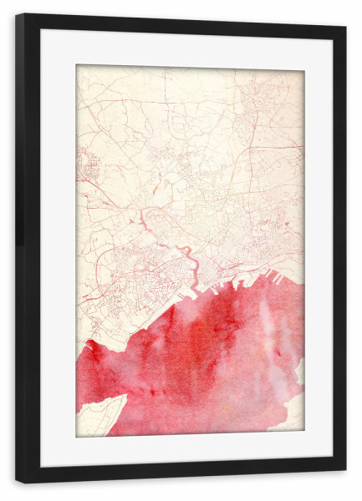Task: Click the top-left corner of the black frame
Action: [17, 14]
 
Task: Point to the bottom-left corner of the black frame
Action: [17, 482]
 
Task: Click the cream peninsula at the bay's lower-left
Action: [99, 417]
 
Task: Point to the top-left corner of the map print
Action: [76, 65]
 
